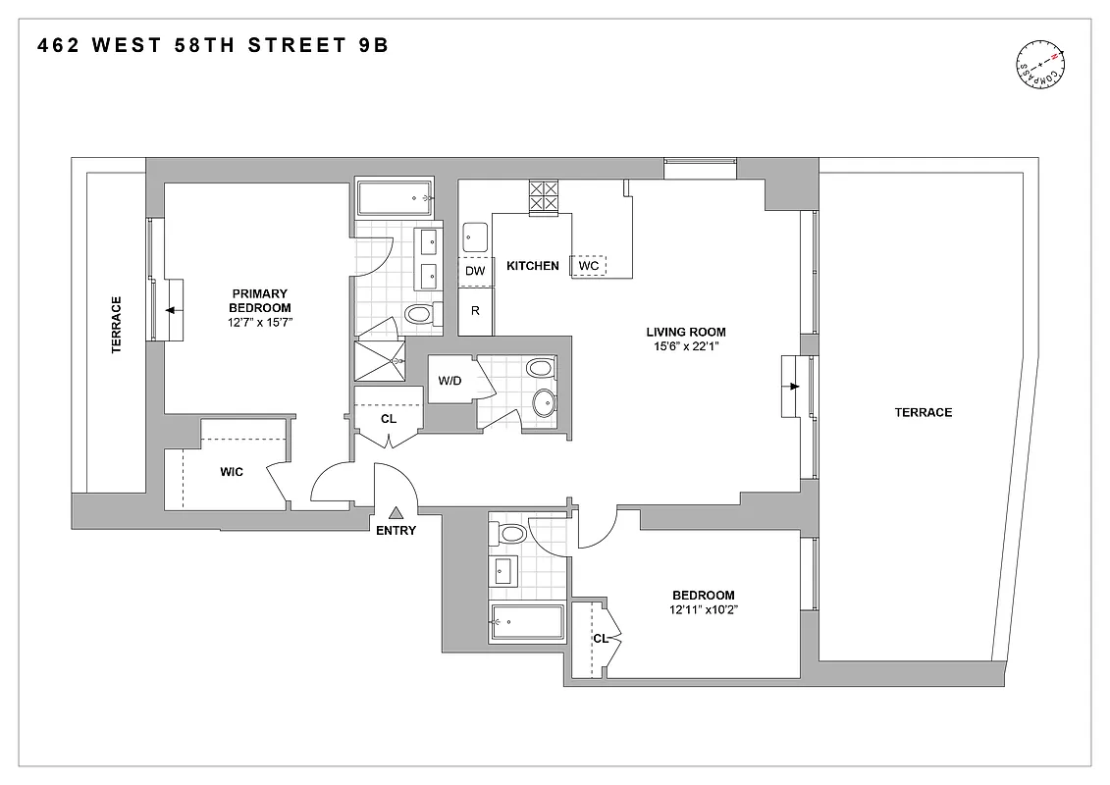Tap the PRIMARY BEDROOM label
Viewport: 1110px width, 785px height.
259,300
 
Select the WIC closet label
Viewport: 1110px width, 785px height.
232,472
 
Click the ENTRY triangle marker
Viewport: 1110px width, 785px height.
396,512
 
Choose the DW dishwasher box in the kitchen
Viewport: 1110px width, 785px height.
475,271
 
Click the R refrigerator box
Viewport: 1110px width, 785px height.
475,311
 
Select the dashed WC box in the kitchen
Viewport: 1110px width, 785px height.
589,266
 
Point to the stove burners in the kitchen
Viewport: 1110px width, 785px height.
543,196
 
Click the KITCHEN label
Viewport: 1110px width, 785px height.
532,266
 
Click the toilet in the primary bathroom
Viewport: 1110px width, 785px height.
420,315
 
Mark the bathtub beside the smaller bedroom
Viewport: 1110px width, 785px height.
527,622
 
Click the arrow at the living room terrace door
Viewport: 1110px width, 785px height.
791,387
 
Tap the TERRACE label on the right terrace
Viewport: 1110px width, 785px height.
923,413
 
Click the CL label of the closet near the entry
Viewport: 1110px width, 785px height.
388,418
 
